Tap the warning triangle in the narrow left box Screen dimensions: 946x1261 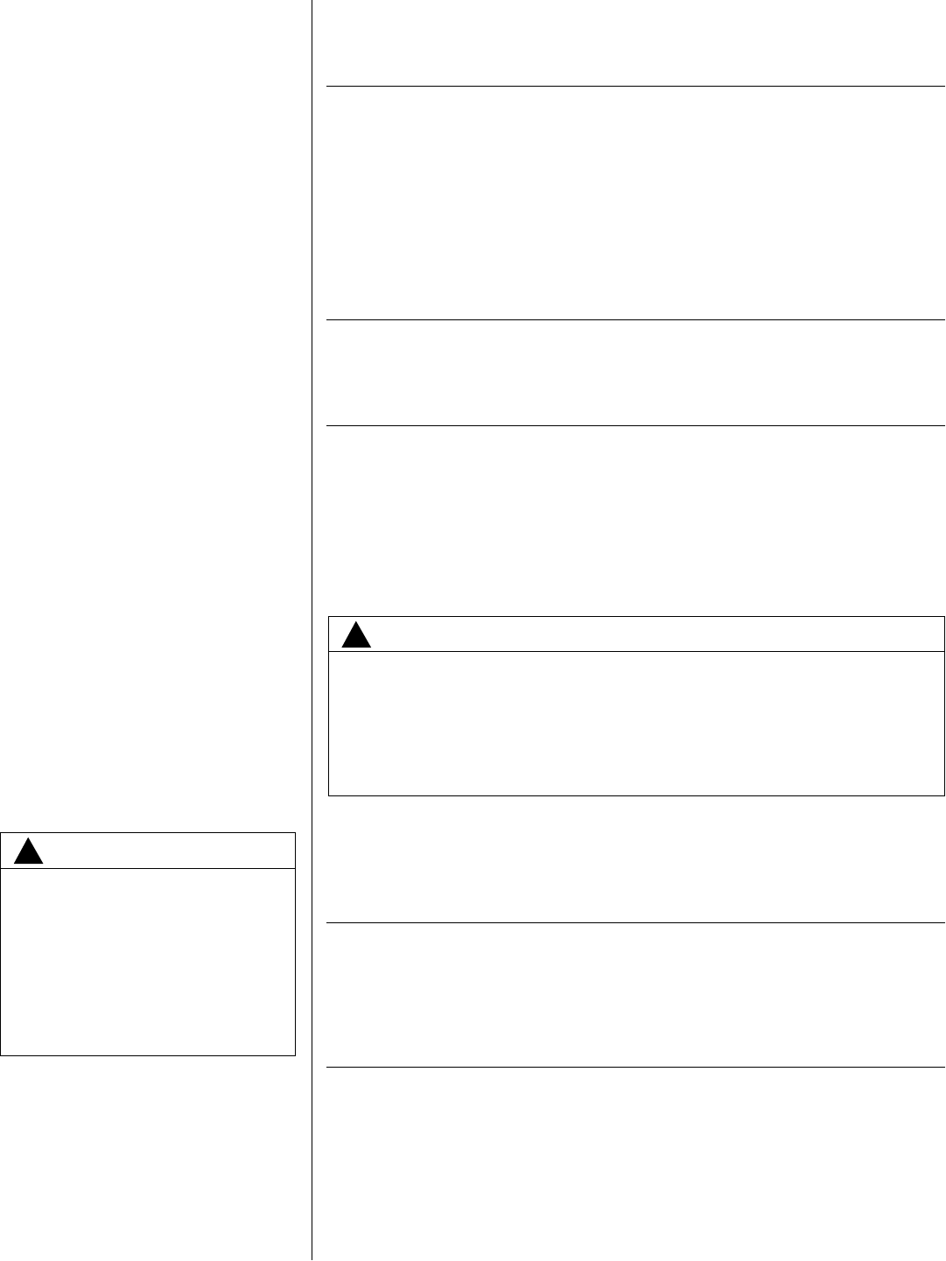[29, 852]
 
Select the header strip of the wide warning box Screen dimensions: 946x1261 [648, 634]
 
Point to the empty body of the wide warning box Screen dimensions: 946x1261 [636, 723]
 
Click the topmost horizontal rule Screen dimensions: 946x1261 [635, 87]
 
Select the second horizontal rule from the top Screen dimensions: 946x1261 [635, 320]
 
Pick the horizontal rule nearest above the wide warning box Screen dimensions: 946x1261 [635, 426]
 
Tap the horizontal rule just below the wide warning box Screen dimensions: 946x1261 [635, 922]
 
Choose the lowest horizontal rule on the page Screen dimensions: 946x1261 [635, 1068]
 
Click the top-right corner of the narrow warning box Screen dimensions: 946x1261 [295, 833]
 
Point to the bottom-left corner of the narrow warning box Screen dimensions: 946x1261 [2, 1054]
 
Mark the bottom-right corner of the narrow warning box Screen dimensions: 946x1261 [295, 1054]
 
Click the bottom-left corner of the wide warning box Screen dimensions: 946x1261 [328, 795]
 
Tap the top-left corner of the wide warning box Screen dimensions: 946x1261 [328, 617]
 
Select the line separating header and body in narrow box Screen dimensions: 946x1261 [148, 868]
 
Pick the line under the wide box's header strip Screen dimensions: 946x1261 [636, 652]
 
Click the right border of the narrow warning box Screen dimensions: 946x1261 [295, 945]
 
